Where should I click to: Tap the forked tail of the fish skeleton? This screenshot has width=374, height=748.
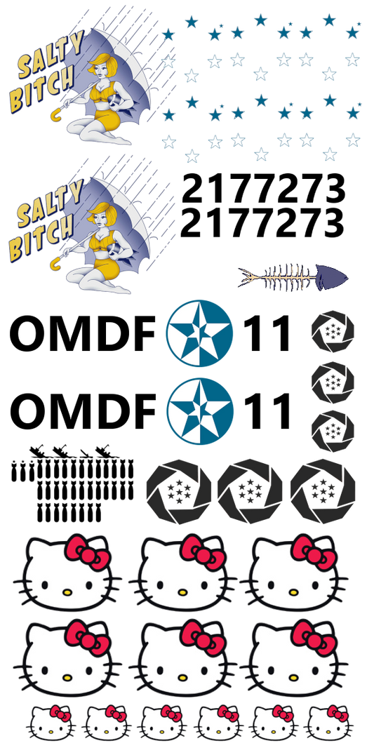[x=247, y=277]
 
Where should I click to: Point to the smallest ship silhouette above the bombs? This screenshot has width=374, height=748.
[x=86, y=452]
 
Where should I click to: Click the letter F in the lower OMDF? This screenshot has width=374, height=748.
[x=143, y=410]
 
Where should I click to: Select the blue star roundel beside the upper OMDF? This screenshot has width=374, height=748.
[x=199, y=333]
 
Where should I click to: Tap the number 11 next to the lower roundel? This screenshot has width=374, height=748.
[x=267, y=410]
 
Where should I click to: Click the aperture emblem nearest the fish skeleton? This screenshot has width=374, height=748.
[x=333, y=331]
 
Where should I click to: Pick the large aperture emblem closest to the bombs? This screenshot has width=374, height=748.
[x=179, y=491]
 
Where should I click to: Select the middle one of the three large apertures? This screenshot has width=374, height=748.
[x=250, y=491]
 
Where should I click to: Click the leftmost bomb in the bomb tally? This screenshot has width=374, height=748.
[x=15, y=470]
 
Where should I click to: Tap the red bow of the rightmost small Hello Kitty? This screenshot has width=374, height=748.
[x=338, y=714]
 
